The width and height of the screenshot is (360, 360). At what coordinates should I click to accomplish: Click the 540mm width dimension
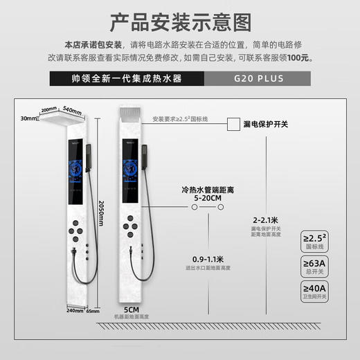click(72, 110)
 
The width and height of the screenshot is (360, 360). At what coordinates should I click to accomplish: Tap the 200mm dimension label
click(48, 110)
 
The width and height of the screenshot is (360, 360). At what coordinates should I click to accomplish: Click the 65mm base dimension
click(93, 311)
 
